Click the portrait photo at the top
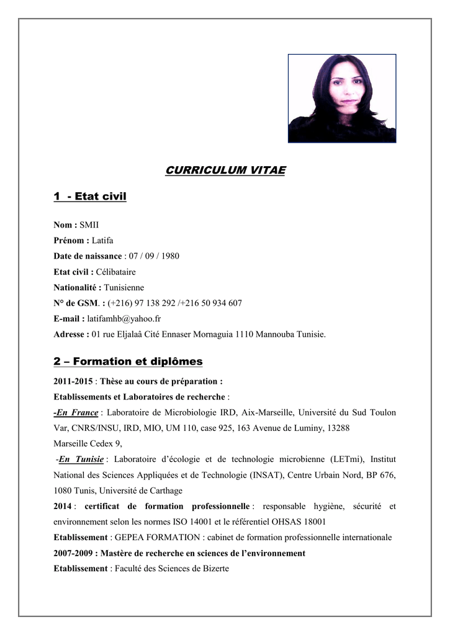[342, 99]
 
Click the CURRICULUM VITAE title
[225, 171]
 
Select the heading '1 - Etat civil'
[90, 197]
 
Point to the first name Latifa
[102, 241]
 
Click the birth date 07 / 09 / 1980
[153, 256]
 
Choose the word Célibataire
[115, 272]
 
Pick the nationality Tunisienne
[124, 288]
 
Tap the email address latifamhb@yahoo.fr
[124, 319]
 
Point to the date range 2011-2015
[73, 381]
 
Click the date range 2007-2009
[73, 553]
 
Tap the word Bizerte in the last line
[214, 569]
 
